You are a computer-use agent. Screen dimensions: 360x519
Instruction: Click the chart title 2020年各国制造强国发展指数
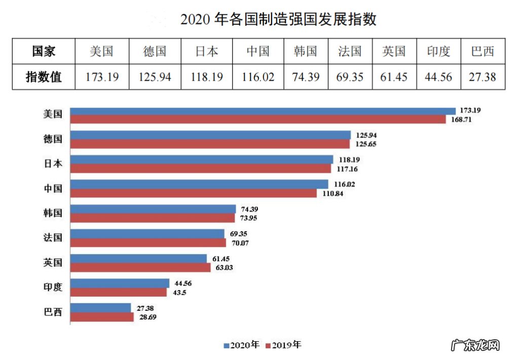click(x=278, y=19)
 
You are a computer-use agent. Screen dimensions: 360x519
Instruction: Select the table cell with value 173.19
click(x=102, y=77)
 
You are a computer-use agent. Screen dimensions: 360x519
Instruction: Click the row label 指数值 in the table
click(x=44, y=77)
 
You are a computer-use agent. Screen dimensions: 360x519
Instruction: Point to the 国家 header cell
click(x=44, y=51)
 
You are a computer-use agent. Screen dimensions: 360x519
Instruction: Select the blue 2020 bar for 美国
click(x=263, y=111)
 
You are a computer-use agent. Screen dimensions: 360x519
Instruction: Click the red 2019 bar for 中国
click(x=193, y=193)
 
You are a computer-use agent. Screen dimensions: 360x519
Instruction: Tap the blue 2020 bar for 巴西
click(x=100, y=308)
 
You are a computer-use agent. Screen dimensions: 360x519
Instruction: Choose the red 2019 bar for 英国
click(x=140, y=267)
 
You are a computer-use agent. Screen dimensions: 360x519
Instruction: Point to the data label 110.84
click(x=330, y=194)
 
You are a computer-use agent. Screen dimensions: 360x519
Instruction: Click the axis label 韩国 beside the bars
click(x=53, y=213)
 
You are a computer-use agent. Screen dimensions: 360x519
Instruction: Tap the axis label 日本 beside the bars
click(x=53, y=164)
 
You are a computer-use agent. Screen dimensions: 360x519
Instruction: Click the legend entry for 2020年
click(x=241, y=345)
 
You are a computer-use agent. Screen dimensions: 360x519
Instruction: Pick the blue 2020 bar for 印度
click(x=120, y=283)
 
